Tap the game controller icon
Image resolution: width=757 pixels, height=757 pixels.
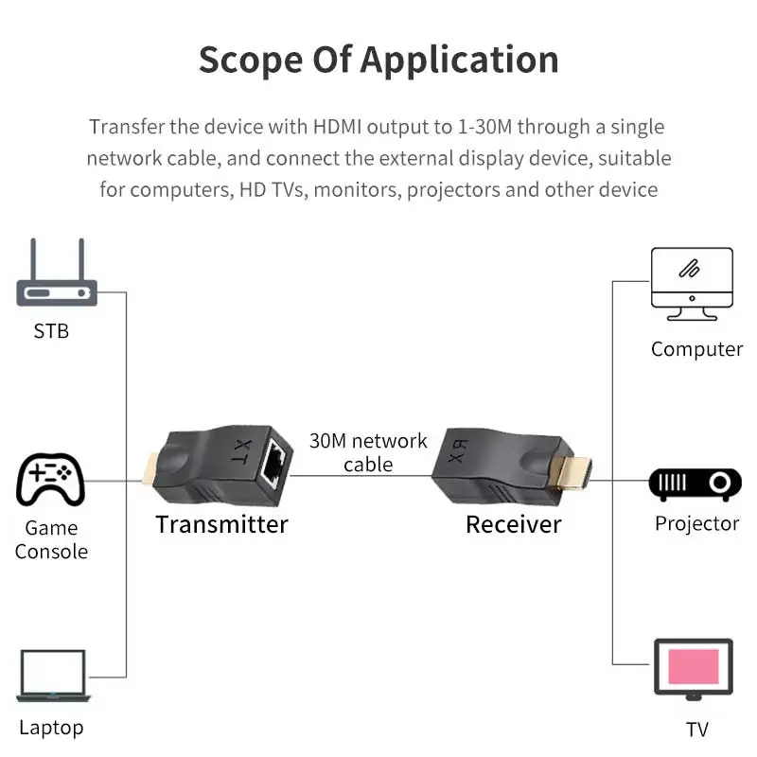coord(51,481)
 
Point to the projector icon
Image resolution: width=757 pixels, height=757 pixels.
coord(695,484)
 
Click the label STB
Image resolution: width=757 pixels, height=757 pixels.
coord(51,331)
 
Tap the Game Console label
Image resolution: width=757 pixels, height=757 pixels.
coord(51,539)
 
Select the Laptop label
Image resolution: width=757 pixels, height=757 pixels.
coord(51,728)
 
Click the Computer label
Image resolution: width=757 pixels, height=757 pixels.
coord(696,349)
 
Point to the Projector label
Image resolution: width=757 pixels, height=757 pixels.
coord(696,523)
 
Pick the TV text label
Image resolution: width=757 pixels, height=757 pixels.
coord(696,729)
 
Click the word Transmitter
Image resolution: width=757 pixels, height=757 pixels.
coord(221,524)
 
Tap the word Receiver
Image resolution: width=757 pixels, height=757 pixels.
coord(513,524)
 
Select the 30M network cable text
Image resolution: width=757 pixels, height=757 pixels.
coord(368,452)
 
